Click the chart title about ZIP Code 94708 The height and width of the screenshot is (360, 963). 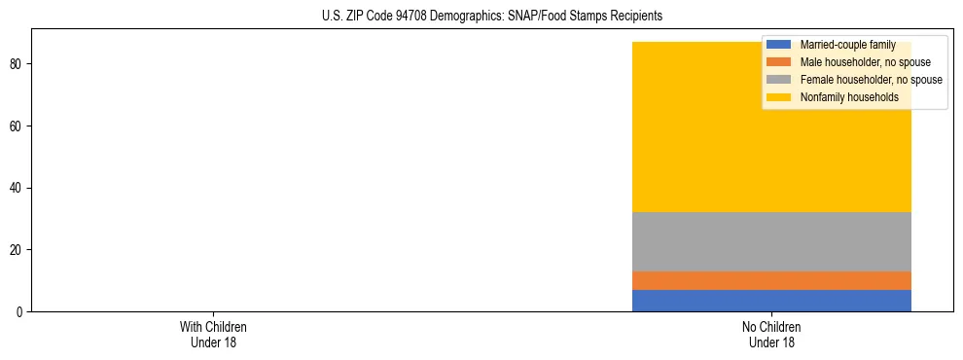point(491,16)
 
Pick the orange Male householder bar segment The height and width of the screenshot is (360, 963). point(771,280)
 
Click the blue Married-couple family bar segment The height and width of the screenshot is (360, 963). point(771,301)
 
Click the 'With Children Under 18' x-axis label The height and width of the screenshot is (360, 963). point(213,334)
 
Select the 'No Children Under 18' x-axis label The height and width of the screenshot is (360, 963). point(771,334)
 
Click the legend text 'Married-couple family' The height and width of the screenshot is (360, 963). point(847,45)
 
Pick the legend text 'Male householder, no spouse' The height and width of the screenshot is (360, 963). point(865,62)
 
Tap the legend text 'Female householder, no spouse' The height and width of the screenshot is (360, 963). point(871,80)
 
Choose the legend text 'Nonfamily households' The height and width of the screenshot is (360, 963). point(848,97)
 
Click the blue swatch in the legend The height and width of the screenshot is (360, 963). point(778,45)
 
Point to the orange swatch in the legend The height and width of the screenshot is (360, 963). point(778,62)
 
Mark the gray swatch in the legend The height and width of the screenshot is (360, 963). point(778,80)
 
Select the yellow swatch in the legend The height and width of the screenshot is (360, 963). point(778,97)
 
